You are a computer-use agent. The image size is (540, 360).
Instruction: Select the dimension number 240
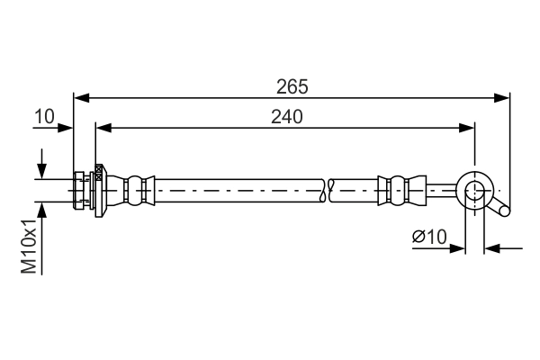pos(286,116)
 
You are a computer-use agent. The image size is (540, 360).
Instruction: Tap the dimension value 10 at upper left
pos(44,116)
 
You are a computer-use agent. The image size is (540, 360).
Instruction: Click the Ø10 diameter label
pos(429,237)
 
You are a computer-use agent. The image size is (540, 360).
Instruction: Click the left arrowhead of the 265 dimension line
pos(80,97)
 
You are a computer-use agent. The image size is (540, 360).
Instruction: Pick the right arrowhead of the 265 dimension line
pos(504,97)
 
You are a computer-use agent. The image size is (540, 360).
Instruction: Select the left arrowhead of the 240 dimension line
pos(102,128)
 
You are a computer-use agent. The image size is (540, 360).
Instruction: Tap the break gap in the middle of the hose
pos(328,189)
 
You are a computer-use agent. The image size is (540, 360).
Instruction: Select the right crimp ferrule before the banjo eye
pos(397,189)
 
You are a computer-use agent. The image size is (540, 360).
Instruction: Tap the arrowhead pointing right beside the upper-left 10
pos(67,128)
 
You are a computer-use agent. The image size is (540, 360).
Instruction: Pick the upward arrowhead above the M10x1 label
pos(41,208)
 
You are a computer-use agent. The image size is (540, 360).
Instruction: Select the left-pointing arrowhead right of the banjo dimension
pos(490,247)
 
